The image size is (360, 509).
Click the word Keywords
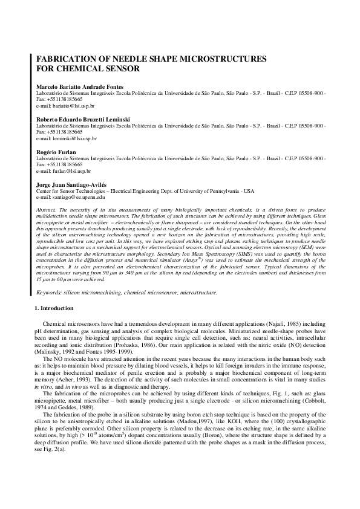(50, 291)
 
